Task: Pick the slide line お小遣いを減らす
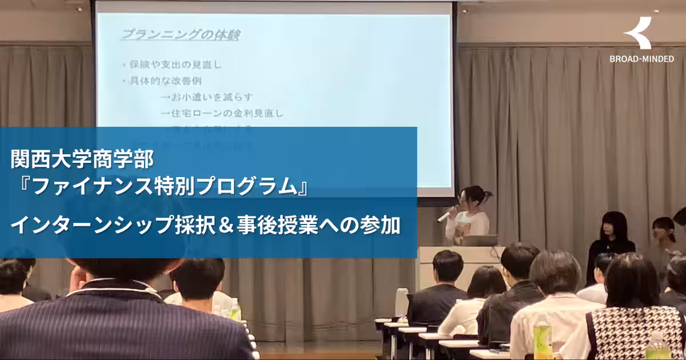click(207, 97)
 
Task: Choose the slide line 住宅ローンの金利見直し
click(222, 113)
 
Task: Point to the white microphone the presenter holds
click(444, 216)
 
